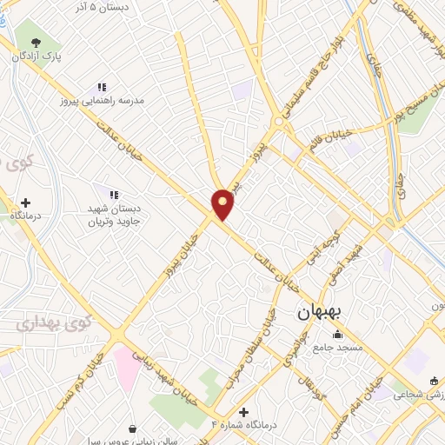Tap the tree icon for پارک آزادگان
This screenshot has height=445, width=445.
pos(36,42)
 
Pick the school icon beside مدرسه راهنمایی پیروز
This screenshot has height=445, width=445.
pos(102,88)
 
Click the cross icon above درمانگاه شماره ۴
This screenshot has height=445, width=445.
pos(243,411)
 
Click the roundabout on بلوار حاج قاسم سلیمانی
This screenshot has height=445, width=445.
pos(278,123)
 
